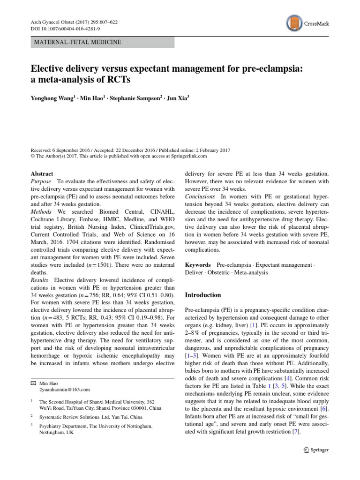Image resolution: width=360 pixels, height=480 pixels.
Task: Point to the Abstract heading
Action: coord(42,173)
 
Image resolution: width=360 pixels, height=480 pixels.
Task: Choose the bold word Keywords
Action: coord(198,265)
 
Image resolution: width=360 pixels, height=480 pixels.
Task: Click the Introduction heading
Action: coord(203,295)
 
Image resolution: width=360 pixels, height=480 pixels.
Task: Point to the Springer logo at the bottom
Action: coord(316,450)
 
